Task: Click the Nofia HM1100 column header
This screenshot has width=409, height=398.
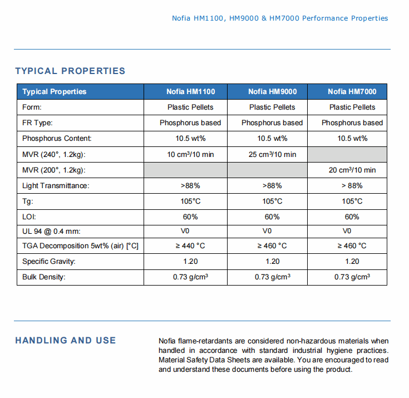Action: (x=191, y=92)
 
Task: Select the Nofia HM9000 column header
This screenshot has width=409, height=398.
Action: (x=272, y=92)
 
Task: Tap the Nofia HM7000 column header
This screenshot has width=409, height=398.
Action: (x=352, y=92)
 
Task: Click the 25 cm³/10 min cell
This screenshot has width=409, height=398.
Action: (x=272, y=155)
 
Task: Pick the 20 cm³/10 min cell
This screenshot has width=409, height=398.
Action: (x=352, y=170)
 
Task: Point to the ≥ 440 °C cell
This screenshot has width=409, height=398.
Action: (x=190, y=246)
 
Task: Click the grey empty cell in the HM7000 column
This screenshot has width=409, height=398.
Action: (x=347, y=155)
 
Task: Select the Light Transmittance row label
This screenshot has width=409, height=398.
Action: (x=56, y=185)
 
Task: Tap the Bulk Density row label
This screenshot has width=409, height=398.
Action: (x=44, y=277)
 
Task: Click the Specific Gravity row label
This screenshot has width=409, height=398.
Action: (x=49, y=261)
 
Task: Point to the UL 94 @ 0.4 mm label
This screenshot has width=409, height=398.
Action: (x=51, y=232)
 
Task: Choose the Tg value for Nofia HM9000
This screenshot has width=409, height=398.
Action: (x=272, y=201)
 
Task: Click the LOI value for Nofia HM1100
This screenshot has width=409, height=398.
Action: (x=190, y=217)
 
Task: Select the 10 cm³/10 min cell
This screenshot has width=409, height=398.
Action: (x=190, y=155)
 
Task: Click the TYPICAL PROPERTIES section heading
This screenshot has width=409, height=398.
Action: (x=70, y=71)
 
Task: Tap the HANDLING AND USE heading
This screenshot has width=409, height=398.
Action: (x=66, y=340)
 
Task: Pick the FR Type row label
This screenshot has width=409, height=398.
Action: (x=37, y=123)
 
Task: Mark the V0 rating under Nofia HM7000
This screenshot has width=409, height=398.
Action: (x=347, y=231)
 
